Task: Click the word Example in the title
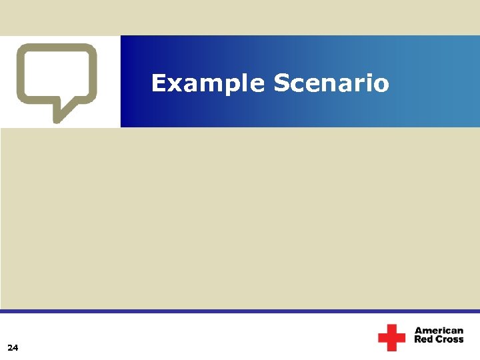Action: [x=207, y=84]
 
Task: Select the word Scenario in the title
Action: [x=331, y=84]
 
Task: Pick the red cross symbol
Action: [x=391, y=337]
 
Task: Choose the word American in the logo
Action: [x=439, y=331]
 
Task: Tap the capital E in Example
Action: [x=158, y=84]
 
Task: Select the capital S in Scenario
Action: [x=281, y=84]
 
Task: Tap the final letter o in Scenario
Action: [x=381, y=85]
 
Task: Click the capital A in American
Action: [x=419, y=331]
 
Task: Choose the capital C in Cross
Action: [x=437, y=339]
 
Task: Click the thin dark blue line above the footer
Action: [x=240, y=311]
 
